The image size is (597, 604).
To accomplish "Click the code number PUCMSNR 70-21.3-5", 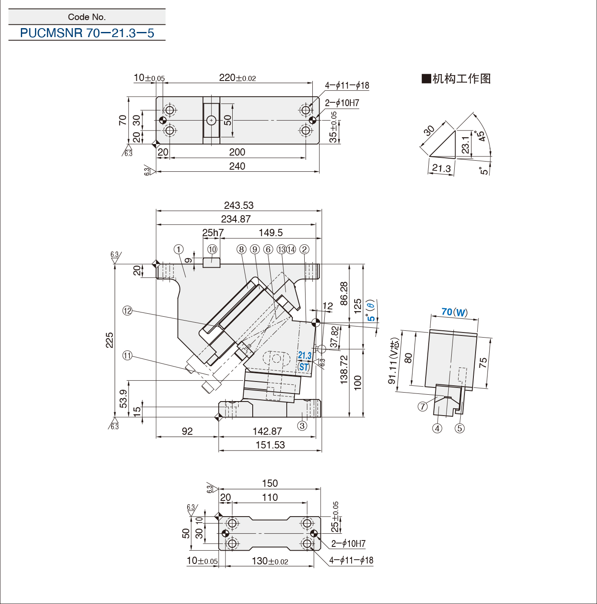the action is coord(87,33).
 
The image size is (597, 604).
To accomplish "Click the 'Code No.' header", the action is coord(87,17).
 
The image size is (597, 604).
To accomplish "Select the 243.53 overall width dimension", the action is coord(239,205).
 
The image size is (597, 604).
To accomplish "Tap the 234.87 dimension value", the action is coord(236,219).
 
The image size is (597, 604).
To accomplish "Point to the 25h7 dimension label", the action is coord(213,233).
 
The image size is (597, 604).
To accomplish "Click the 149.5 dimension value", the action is coord(271,233).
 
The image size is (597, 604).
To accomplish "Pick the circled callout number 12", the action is coord(127,311).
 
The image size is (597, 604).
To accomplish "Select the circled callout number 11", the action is coord(127,356).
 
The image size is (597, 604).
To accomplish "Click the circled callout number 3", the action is coord(302,426).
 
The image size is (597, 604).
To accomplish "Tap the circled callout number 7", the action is coord(422,407).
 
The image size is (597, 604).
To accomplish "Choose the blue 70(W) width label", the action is coord(454,312).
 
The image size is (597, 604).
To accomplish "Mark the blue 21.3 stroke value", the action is coord(305,355).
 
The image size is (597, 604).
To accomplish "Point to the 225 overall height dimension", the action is coord(110,340).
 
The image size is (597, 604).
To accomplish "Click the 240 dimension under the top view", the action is coord(237,166).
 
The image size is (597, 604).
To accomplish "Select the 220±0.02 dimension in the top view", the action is coord(237,78).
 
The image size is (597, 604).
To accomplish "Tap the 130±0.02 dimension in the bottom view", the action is coord(270,561).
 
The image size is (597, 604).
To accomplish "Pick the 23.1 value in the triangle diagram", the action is coord(466,144).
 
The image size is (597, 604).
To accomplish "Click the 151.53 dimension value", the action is coord(270,445).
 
